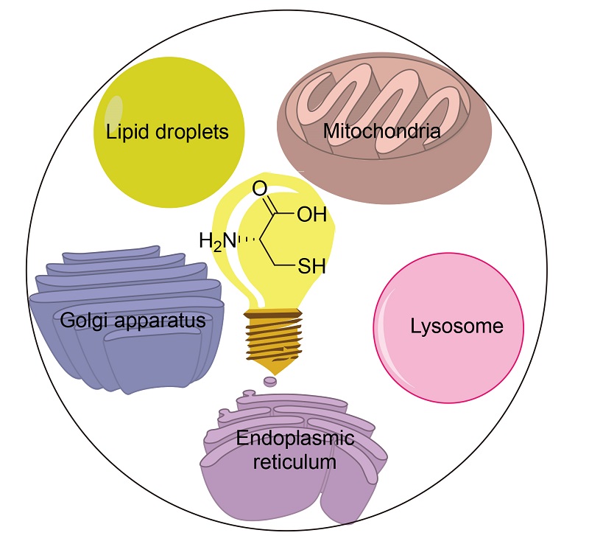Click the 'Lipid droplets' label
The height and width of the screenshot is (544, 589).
167,133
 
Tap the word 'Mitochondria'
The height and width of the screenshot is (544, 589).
382,133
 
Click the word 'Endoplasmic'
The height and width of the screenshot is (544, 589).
295,440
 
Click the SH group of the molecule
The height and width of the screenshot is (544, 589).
311,266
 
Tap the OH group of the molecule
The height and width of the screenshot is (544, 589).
311,215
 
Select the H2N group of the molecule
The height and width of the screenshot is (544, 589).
217,240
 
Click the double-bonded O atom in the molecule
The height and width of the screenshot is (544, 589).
259,189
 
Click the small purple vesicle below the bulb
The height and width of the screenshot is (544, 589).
270,382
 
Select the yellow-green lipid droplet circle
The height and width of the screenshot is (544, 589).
169,170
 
